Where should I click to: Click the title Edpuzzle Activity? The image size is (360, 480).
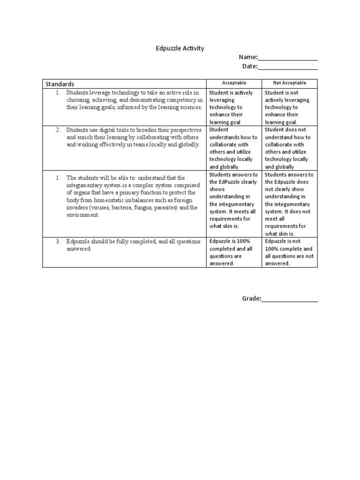click(180, 48)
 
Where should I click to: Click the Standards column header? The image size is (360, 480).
click(60, 84)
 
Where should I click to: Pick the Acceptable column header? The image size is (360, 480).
click(234, 83)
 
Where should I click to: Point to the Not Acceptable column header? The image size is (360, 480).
click(289, 83)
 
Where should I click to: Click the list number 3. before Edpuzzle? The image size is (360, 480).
click(58, 241)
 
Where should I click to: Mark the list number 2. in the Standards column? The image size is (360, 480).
click(58, 130)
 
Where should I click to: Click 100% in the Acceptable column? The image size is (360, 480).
click(243, 241)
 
